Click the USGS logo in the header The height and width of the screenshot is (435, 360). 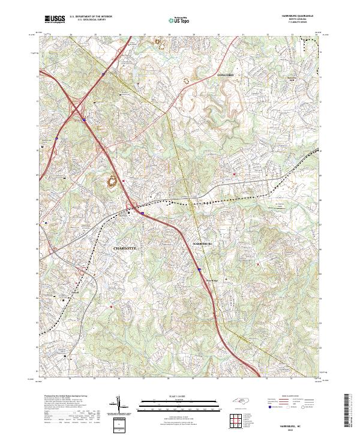click(55, 19)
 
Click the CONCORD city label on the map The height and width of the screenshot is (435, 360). click(224, 74)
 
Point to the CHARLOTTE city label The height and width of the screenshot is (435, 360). click(125, 247)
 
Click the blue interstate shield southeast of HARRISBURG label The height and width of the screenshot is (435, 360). click(199, 270)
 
